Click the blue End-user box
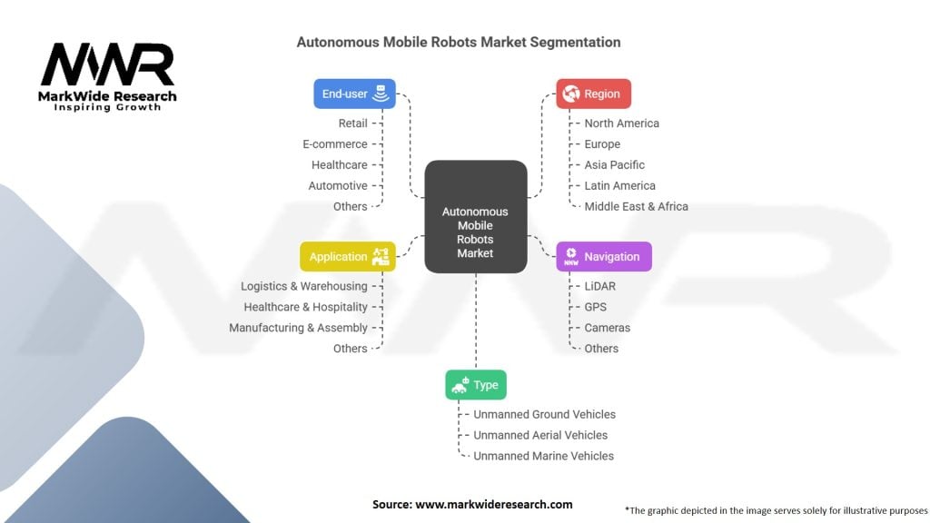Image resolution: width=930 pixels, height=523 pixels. pos(355,94)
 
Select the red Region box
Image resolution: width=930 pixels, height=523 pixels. pos(593,94)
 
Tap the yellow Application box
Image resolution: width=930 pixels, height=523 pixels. pos(348,257)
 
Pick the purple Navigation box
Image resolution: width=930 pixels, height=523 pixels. pos(603,257)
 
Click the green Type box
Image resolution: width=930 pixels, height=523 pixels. pos(475,385)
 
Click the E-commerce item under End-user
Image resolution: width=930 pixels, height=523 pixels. pos(335,144)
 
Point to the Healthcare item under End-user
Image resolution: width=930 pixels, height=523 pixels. pos(339,165)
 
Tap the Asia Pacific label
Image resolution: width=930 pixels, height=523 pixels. pos(614,165)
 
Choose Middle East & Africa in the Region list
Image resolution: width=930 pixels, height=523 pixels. pos(636,207)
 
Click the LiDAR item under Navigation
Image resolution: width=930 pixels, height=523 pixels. pos(599,286)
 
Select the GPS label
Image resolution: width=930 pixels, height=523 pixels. pos(595,307)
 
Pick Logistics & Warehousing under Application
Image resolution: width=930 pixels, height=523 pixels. pos(303,286)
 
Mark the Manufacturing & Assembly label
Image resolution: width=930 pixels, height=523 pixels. pos(298,328)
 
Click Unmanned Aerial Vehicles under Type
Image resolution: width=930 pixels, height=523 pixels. pos(540,435)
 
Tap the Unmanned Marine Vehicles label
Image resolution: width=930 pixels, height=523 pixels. pos(543,456)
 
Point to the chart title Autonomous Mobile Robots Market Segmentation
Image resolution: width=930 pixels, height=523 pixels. pos(459,42)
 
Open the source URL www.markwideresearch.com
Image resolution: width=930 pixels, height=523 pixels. pos(493,504)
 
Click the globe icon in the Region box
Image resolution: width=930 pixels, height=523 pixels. pos(570,94)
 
